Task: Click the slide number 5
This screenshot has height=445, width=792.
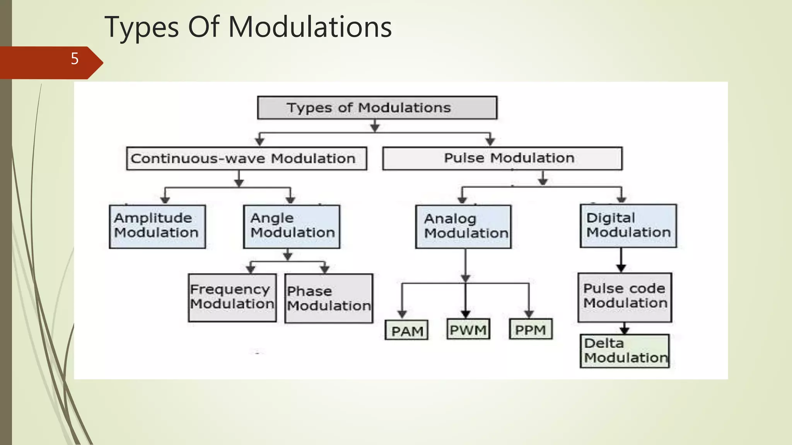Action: click(75, 59)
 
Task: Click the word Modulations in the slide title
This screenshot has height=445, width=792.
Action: click(310, 27)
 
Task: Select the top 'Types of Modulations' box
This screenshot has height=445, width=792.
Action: click(377, 108)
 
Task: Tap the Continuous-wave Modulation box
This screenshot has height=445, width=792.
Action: click(246, 158)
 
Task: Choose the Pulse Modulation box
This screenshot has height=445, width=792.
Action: click(502, 158)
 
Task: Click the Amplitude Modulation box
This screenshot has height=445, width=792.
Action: click(157, 226)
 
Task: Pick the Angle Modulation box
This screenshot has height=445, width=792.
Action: click(292, 226)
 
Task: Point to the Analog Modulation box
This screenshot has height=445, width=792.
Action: click(463, 227)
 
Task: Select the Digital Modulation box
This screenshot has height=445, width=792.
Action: click(628, 226)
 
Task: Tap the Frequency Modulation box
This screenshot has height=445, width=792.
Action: click(232, 297)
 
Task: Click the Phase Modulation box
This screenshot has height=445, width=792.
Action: click(329, 298)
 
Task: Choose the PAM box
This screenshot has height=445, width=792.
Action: click(406, 330)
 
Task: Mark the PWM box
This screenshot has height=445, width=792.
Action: click(468, 330)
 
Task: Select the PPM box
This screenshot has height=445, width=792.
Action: click(531, 330)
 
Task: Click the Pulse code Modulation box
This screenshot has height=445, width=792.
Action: click(625, 297)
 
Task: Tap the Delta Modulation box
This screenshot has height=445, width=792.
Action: click(625, 351)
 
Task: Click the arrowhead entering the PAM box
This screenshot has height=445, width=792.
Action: click(402, 314)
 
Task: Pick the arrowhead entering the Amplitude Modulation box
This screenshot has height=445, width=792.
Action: click(165, 200)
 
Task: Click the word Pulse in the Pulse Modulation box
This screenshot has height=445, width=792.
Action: click(464, 158)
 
